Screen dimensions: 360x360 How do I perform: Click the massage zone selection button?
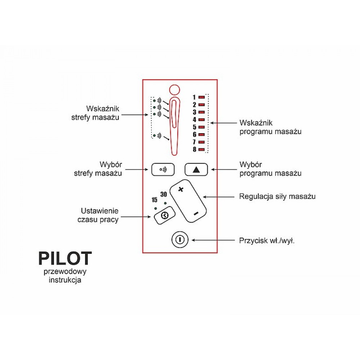tap(163, 170)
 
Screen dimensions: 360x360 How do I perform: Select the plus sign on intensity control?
tap(181, 189)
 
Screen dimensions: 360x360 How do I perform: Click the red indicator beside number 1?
tap(202, 97)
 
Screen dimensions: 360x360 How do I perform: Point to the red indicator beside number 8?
tap(202, 149)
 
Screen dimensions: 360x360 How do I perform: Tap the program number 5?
tap(194, 127)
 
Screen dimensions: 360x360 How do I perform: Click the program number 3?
tap(194, 112)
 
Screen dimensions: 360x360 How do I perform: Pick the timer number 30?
tap(163, 194)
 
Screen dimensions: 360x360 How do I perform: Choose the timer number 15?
tap(154, 200)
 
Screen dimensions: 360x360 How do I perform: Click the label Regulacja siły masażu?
tap(277, 197)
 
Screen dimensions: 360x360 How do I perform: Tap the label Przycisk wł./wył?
tap(267, 240)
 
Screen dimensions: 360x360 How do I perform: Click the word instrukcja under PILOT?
tap(65, 280)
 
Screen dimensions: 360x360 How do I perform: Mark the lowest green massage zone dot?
tap(154, 135)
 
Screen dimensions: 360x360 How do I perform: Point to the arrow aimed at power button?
tap(212, 240)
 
